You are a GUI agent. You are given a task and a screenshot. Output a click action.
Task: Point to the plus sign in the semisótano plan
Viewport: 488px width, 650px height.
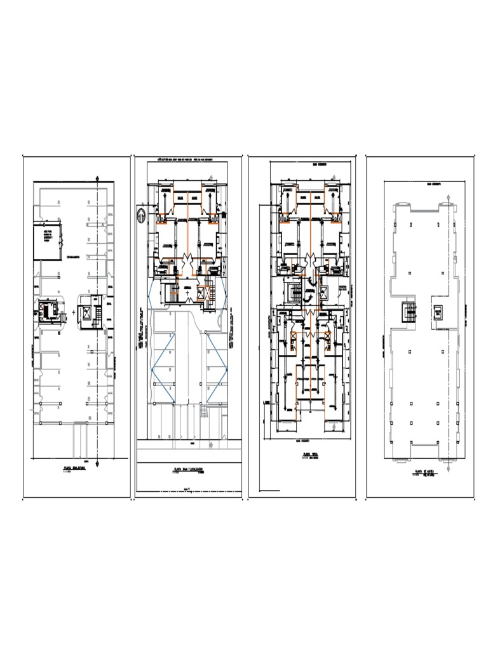click(x=74, y=313)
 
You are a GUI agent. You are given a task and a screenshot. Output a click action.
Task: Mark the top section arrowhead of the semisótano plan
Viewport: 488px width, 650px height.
click(x=97, y=178)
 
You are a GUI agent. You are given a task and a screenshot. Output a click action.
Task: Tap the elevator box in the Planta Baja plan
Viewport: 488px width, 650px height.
click(x=203, y=293)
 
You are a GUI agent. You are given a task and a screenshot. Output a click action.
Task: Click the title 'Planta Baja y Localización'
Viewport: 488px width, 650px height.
click(x=187, y=470)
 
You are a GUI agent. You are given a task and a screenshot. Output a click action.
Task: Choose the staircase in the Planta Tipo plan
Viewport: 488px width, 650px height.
click(x=295, y=294)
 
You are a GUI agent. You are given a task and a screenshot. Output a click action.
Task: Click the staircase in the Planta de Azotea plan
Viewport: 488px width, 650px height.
click(x=410, y=312)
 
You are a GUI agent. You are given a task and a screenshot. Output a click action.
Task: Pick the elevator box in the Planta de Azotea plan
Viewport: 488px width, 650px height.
click(x=438, y=312)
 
